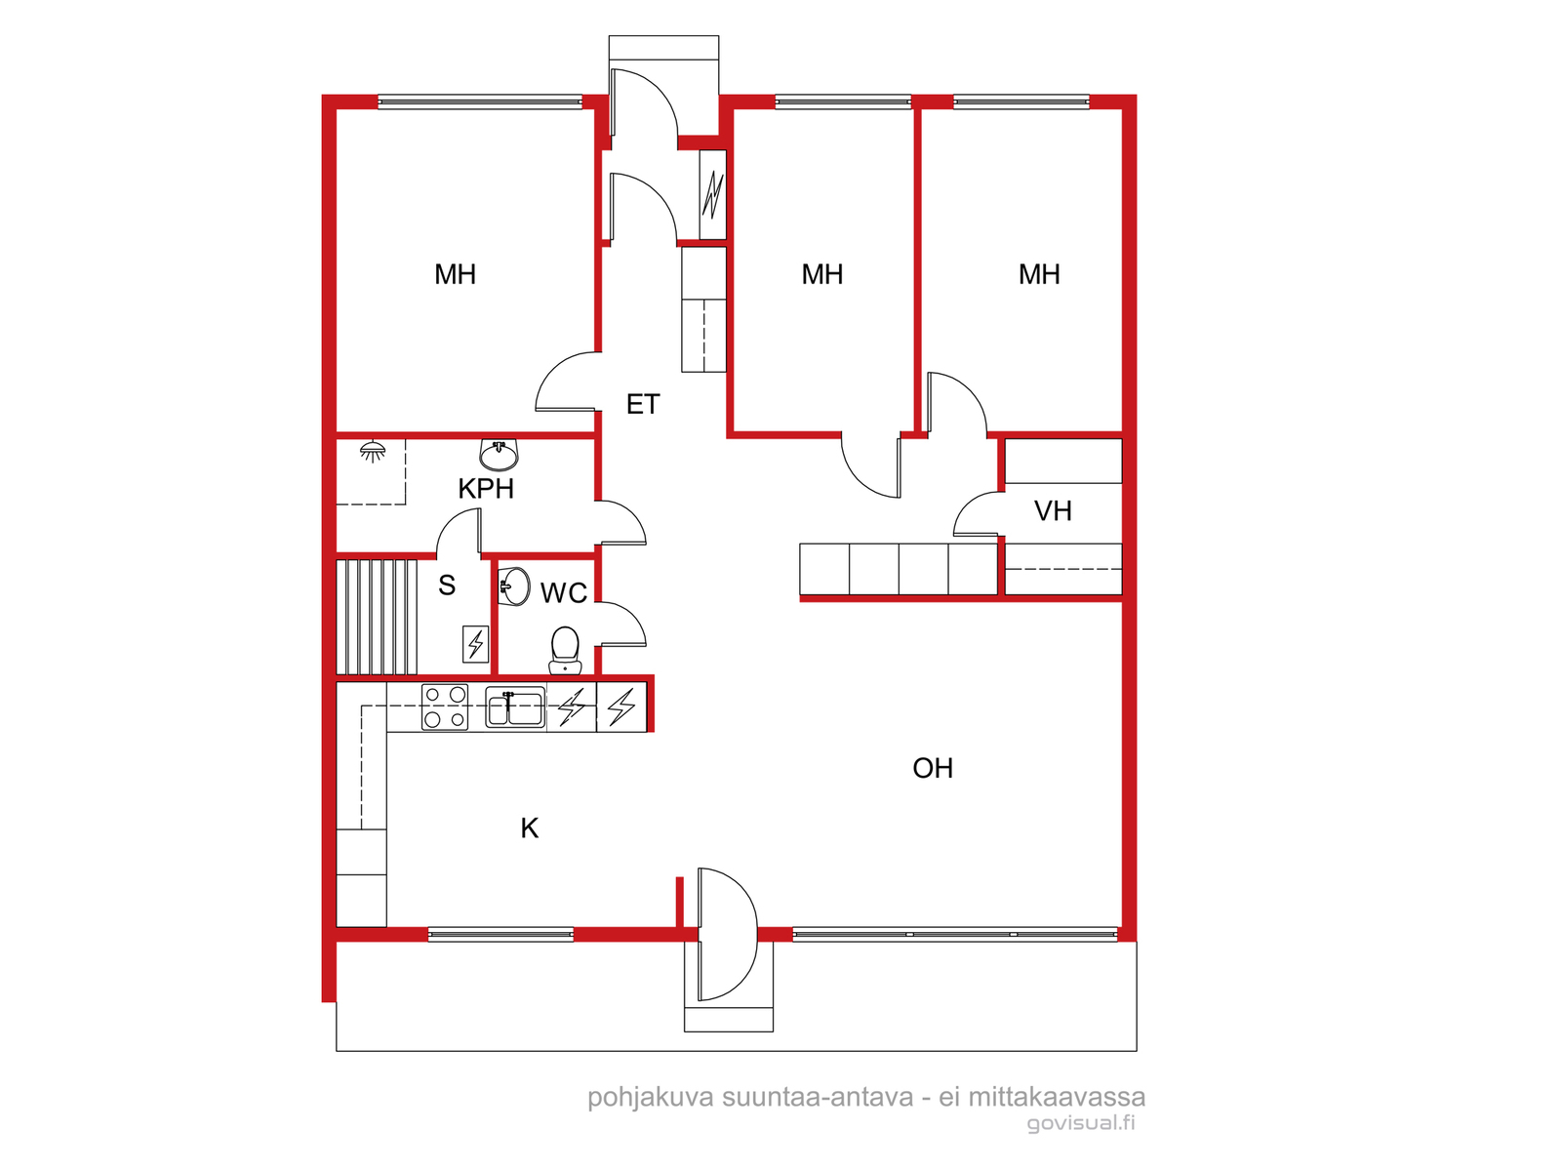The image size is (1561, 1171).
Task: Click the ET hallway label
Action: point(642,404)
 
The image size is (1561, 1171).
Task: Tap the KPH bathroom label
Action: point(486,489)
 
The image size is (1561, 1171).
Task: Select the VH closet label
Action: point(1053,510)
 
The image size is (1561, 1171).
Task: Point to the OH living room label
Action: point(933,768)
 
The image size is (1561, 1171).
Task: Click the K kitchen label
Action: point(529,828)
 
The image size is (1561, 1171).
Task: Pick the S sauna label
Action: point(447,585)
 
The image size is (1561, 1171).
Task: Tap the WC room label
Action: point(563,593)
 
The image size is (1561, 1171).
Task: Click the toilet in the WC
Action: point(565,650)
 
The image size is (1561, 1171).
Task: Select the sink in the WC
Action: point(514,586)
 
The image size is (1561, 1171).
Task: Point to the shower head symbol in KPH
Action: point(373,451)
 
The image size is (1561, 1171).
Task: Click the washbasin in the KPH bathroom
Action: point(499,455)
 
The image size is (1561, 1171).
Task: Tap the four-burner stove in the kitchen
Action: point(445,707)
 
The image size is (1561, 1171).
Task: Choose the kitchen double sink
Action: point(515,707)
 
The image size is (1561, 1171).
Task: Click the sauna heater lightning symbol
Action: point(475,644)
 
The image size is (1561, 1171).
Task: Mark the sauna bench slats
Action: point(377,617)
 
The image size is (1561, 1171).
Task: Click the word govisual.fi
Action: point(1080,1123)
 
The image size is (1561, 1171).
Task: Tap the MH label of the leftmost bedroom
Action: point(456,274)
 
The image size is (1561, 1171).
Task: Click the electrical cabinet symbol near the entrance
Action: point(712,195)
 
